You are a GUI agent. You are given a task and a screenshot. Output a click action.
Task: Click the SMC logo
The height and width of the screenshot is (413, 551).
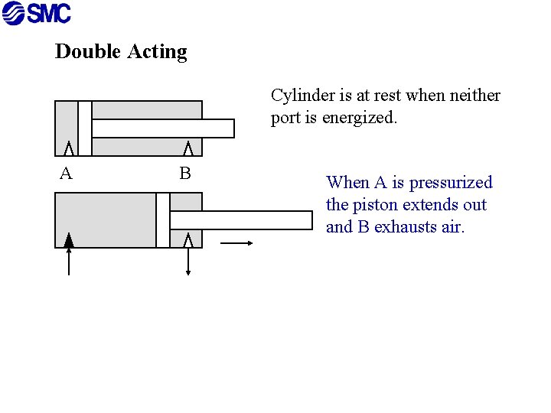click(x=37, y=13)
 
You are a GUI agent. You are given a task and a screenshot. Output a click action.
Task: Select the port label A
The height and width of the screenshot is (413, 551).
click(x=66, y=174)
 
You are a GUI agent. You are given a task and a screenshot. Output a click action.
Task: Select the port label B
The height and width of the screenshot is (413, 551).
click(x=184, y=174)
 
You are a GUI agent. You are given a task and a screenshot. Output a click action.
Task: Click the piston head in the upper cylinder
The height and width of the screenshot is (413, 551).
click(x=84, y=128)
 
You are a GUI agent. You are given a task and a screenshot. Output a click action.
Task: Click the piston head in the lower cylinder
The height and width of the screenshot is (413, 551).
click(x=162, y=220)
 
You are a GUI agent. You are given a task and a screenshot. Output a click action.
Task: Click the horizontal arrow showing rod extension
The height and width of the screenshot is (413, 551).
click(x=236, y=243)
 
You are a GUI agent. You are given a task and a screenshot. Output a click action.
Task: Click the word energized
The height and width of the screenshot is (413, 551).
click(x=359, y=119)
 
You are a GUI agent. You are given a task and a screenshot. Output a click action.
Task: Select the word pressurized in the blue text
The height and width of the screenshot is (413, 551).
click(x=451, y=183)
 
